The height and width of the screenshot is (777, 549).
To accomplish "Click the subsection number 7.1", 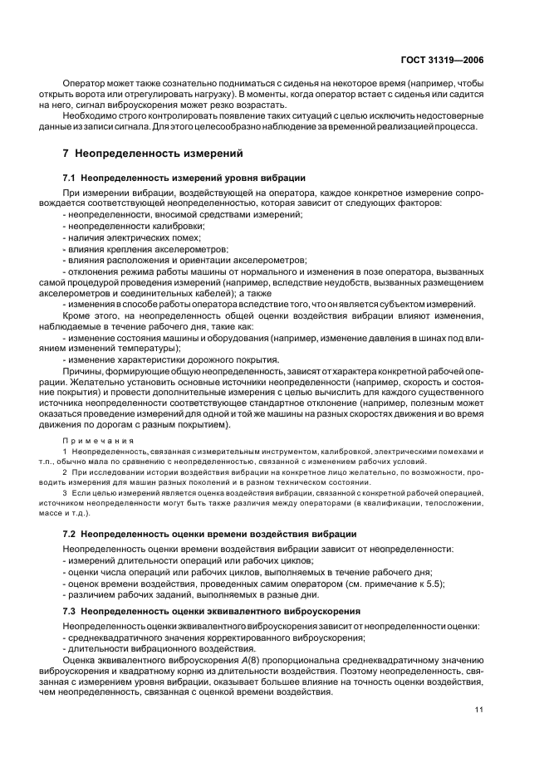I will (x=70, y=178).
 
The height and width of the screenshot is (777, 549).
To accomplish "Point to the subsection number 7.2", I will (x=70, y=533).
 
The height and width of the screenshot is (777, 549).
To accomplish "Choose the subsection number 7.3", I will (x=70, y=612).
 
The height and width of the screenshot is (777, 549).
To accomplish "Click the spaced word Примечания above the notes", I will (x=93, y=441).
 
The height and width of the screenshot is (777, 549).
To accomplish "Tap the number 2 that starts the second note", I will (x=65, y=471).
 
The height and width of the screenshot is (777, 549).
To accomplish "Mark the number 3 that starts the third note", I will (x=65, y=491).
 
